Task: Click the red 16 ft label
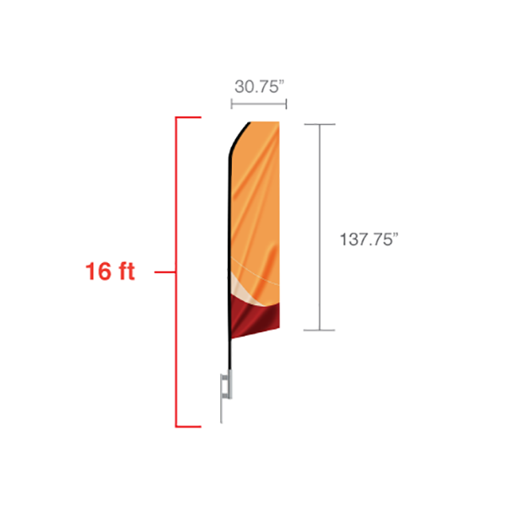[x=110, y=271]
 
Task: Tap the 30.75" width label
[x=260, y=87]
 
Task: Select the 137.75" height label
[x=369, y=240]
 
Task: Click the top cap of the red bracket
[x=188, y=117]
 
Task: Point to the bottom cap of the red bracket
[x=188, y=427]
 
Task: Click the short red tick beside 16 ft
[x=165, y=272]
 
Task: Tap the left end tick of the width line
[x=231, y=104]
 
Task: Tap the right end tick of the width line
[x=286, y=104]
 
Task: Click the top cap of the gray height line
[x=320, y=124]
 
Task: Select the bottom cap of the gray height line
[x=320, y=330]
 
